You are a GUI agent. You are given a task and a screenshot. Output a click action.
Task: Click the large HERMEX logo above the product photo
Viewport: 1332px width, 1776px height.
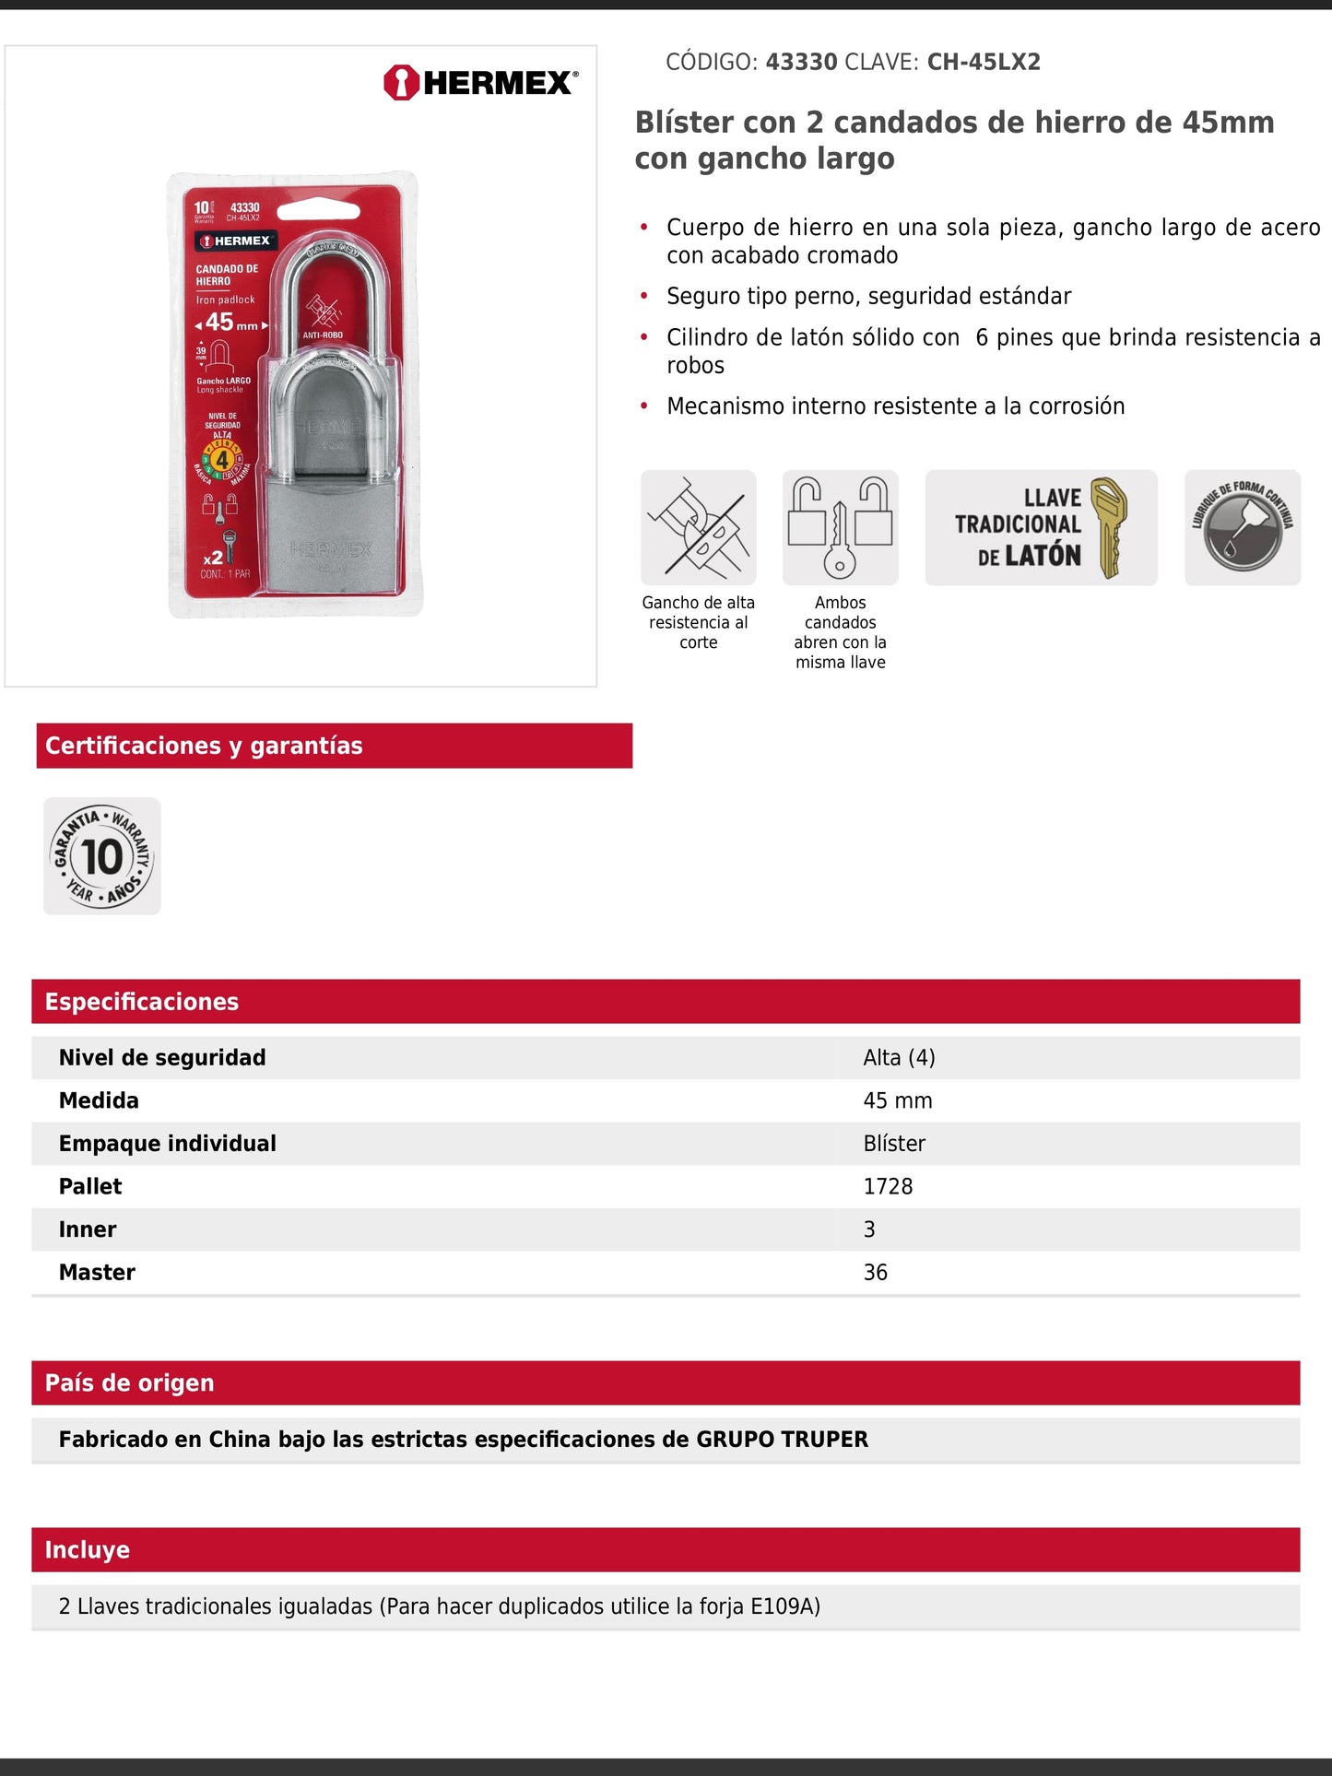click(x=481, y=83)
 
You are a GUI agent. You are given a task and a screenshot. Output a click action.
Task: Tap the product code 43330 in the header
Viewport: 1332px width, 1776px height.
click(x=801, y=62)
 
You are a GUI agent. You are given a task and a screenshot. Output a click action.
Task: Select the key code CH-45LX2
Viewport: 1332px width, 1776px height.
click(x=984, y=62)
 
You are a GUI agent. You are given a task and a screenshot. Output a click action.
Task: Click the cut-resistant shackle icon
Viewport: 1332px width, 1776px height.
click(x=698, y=527)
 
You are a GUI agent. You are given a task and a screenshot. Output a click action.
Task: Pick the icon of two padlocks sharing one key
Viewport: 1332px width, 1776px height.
click(x=840, y=527)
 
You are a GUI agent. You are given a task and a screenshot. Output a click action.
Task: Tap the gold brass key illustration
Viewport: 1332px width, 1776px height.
click(x=1110, y=526)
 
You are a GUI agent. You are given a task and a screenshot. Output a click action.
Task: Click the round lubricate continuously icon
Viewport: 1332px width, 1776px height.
click(x=1242, y=527)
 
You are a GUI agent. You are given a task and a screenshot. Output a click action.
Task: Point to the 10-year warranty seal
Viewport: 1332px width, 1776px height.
click(x=102, y=856)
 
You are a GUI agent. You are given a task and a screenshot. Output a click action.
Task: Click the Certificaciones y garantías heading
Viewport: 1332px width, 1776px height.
click(x=204, y=746)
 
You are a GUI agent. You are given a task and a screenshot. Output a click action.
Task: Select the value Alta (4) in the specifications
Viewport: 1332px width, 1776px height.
click(x=899, y=1057)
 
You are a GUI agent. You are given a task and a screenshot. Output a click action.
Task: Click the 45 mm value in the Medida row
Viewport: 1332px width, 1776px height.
click(x=897, y=1100)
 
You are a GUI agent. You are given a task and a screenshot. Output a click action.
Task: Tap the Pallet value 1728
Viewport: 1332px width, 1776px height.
click(x=888, y=1186)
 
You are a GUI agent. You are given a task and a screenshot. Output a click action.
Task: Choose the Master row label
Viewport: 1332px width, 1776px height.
click(x=97, y=1272)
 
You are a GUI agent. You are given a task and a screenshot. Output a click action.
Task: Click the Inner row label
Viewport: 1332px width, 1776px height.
click(x=88, y=1229)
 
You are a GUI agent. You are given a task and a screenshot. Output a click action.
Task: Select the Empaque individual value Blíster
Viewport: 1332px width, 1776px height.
click(x=894, y=1144)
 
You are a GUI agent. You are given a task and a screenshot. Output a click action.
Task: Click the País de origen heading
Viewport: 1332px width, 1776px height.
click(x=130, y=1382)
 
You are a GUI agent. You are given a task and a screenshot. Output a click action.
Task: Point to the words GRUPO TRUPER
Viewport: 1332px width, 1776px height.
click(x=782, y=1440)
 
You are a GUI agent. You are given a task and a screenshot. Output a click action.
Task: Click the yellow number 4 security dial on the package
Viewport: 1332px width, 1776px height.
click(x=221, y=459)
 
